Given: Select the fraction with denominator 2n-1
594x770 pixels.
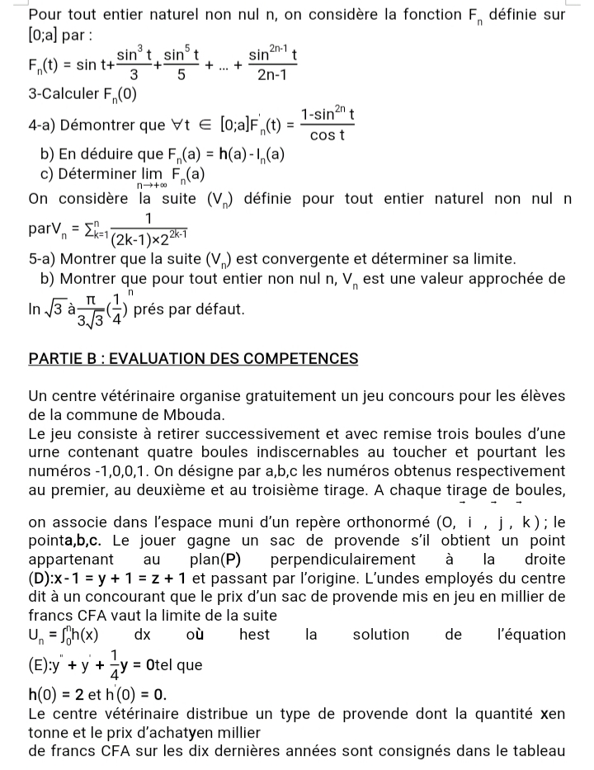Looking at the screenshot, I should click(273, 65).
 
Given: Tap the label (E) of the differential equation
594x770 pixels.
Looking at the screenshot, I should click(40, 665).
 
